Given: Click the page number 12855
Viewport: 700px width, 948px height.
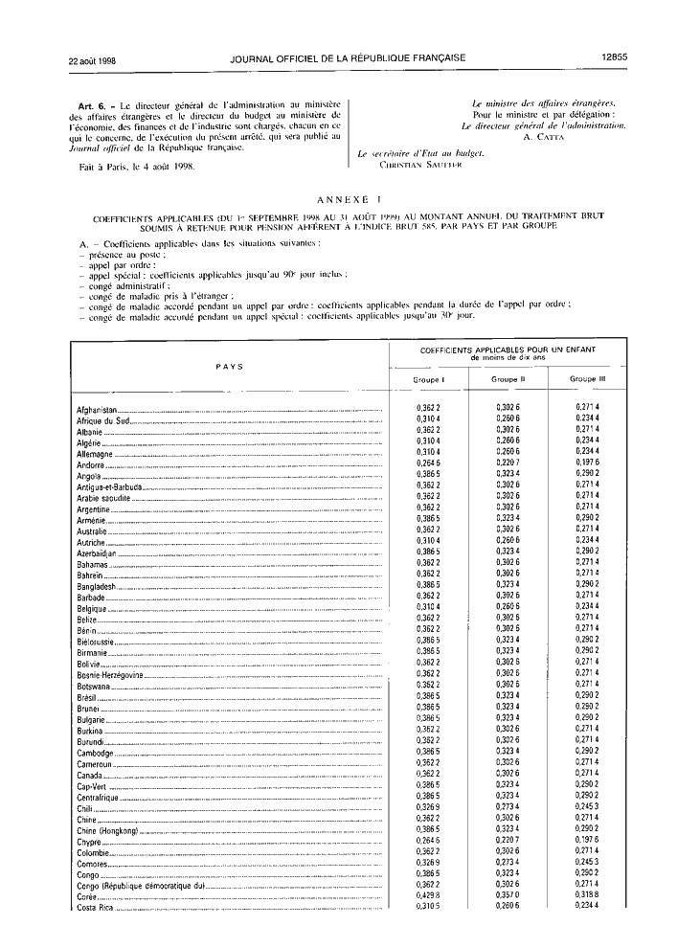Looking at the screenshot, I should [614, 57].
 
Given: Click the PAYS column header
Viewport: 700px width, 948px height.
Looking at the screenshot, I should [229, 366].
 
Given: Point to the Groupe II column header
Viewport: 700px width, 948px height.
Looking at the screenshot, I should [508, 379].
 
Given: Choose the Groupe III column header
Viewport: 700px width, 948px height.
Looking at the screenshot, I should [587, 379].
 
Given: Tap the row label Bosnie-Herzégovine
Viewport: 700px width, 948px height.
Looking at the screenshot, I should [110, 675].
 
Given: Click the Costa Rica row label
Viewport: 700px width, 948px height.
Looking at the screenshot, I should [95, 908].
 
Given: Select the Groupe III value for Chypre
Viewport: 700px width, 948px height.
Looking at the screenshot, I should [587, 843].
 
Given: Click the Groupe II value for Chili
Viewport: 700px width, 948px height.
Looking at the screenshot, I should [508, 806].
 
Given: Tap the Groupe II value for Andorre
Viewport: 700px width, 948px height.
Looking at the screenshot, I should [508, 463].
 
